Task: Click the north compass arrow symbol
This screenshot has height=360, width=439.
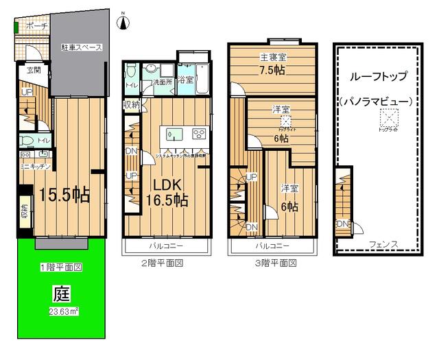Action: pyautogui.click(x=123, y=22)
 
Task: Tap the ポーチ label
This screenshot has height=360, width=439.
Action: pyautogui.click(x=36, y=26)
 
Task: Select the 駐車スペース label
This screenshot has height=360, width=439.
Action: pyautogui.click(x=81, y=48)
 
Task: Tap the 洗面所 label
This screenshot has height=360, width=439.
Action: pyautogui.click(x=161, y=82)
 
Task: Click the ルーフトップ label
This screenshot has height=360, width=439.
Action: pyautogui.click(x=378, y=77)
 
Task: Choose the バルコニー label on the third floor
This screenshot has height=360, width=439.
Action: pyautogui.click(x=272, y=245)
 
